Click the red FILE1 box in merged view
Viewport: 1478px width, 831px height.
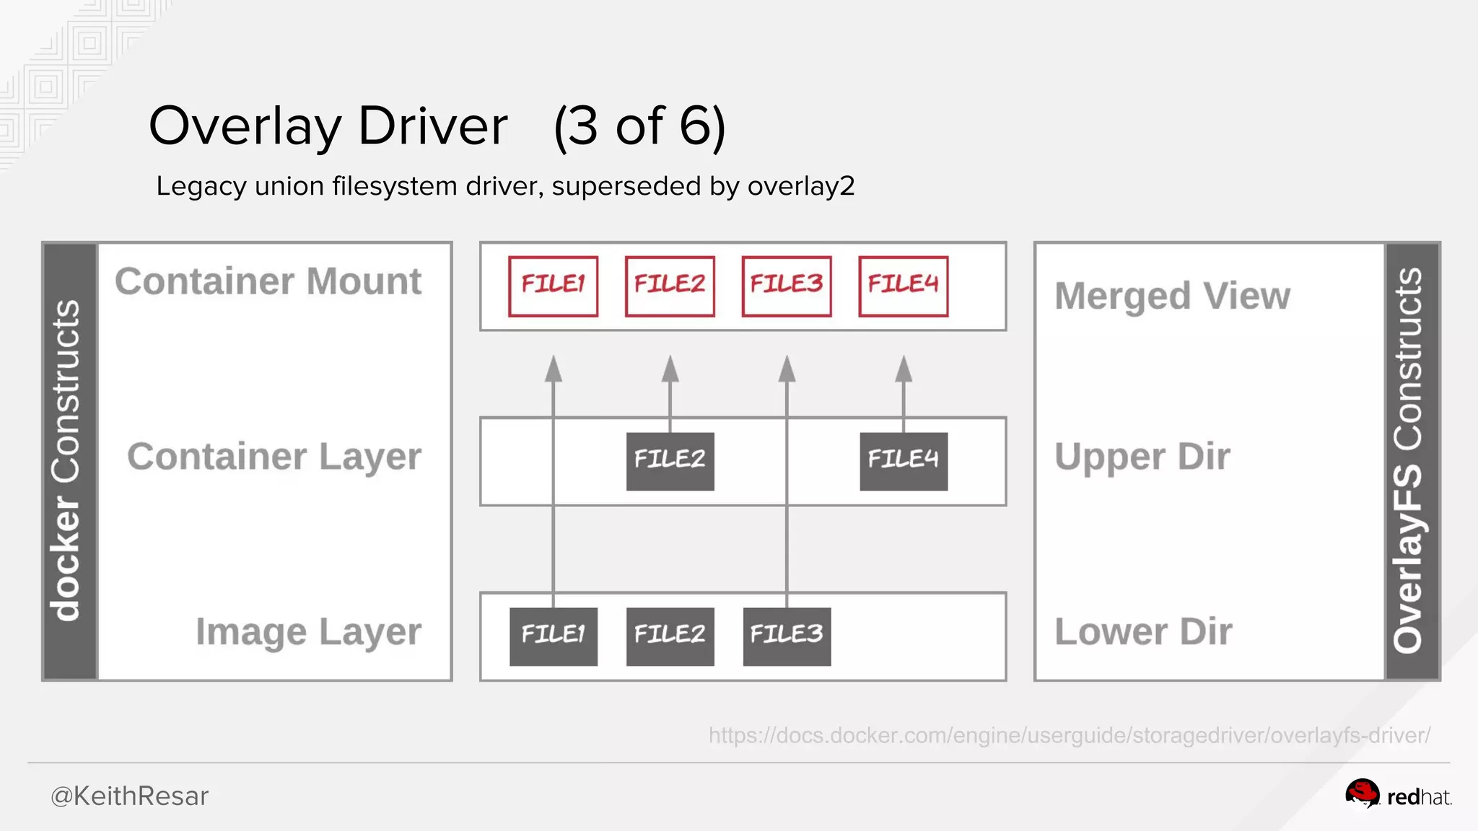(x=553, y=286)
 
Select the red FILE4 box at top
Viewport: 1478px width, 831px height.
(x=903, y=286)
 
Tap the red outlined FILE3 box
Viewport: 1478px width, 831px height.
(x=786, y=286)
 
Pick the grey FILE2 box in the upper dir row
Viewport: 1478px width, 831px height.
(x=670, y=461)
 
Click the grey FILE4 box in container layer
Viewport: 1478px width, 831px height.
(x=903, y=461)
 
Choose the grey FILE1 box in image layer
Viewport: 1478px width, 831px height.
(x=553, y=636)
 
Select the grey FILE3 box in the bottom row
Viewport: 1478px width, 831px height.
(x=786, y=636)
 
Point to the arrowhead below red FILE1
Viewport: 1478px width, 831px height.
(x=553, y=369)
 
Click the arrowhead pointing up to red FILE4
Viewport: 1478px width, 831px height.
(x=903, y=369)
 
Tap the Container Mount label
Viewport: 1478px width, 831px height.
(x=268, y=281)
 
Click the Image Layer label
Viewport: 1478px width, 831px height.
(x=308, y=632)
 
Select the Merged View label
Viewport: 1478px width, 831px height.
(x=1172, y=296)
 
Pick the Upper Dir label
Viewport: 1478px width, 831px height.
(x=1142, y=457)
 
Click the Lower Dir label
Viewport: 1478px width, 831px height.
(x=1143, y=632)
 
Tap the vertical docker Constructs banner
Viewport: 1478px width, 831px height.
(x=69, y=461)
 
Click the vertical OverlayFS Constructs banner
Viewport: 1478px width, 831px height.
(x=1412, y=461)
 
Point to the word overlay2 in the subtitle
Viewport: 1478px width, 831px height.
(x=800, y=186)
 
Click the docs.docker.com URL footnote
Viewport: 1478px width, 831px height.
(x=1069, y=735)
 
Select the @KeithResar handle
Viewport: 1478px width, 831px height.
(x=129, y=796)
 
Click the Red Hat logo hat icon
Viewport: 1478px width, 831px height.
(x=1361, y=794)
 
